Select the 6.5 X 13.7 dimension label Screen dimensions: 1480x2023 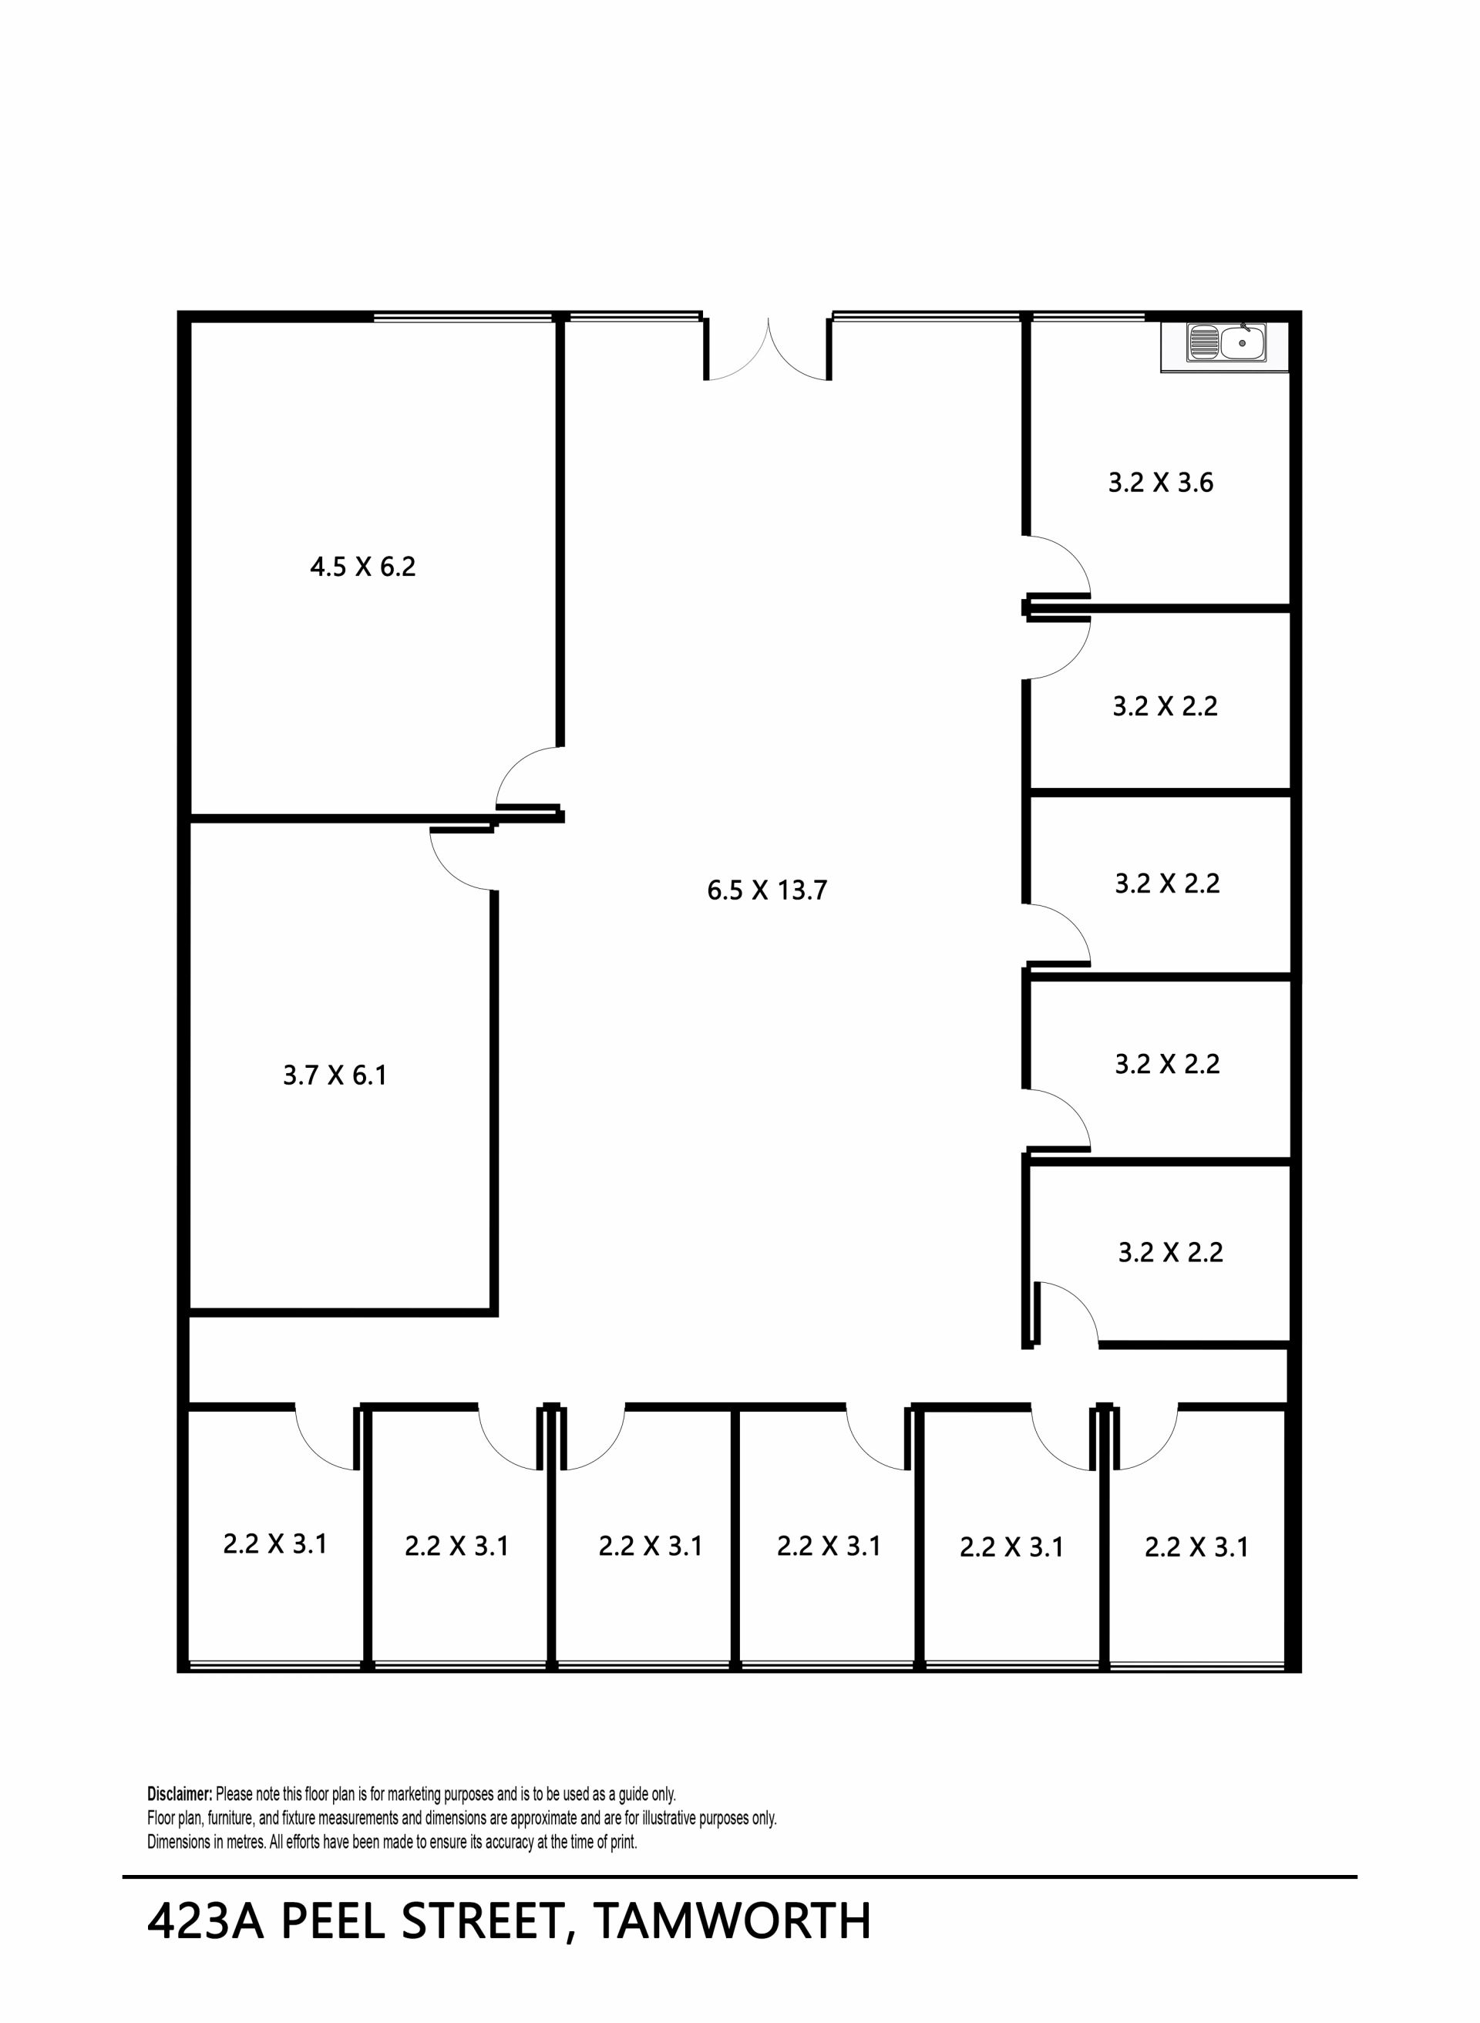tap(767, 890)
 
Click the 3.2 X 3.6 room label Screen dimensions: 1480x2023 tap(1161, 483)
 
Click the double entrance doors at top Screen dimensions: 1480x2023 tap(768, 349)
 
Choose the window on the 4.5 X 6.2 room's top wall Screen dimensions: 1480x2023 tap(462, 317)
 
